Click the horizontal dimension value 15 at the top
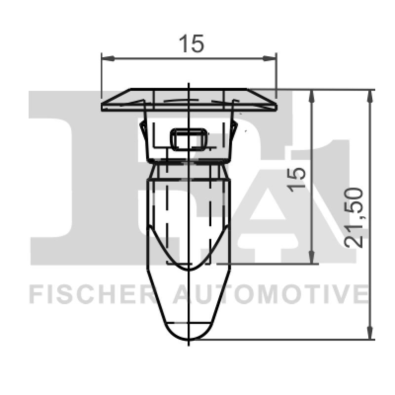pyautogui.click(x=191, y=44)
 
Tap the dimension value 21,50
pyautogui.click(x=355, y=217)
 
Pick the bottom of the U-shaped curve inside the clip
pyautogui.click(x=189, y=269)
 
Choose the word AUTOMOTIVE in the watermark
pyautogui.click(x=271, y=294)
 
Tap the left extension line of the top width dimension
pyautogui.click(x=101, y=74)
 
